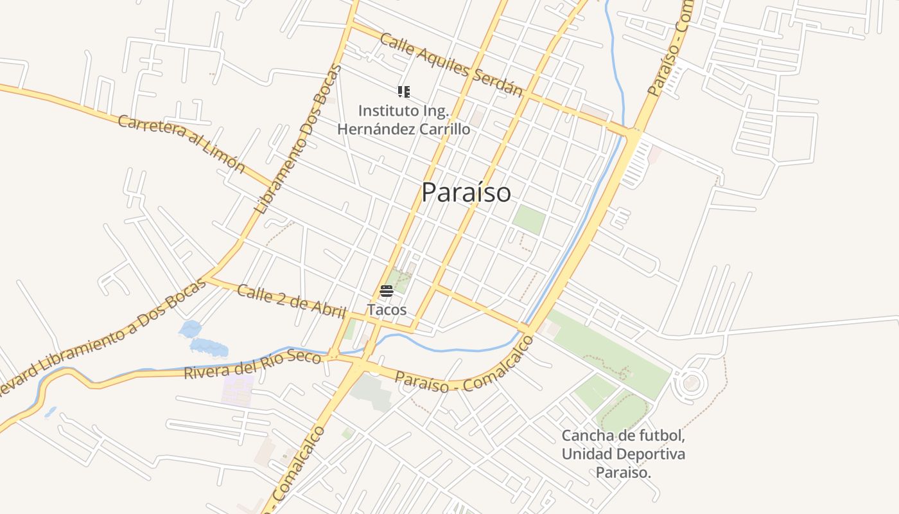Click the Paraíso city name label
pos(466,193)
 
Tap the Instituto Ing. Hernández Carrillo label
pos(403,120)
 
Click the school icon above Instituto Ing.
pos(403,92)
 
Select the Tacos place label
pos(387,310)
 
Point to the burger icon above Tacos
pos(387,291)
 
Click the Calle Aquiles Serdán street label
pos(451,64)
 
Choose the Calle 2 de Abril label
pos(291,300)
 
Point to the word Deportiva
pos(650,454)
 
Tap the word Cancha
pos(587,436)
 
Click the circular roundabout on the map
pos(691,384)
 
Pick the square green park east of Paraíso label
pos(528,220)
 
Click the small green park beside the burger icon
pos(400,281)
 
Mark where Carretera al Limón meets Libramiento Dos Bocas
pos(274,184)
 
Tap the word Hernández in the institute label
pos(378,129)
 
